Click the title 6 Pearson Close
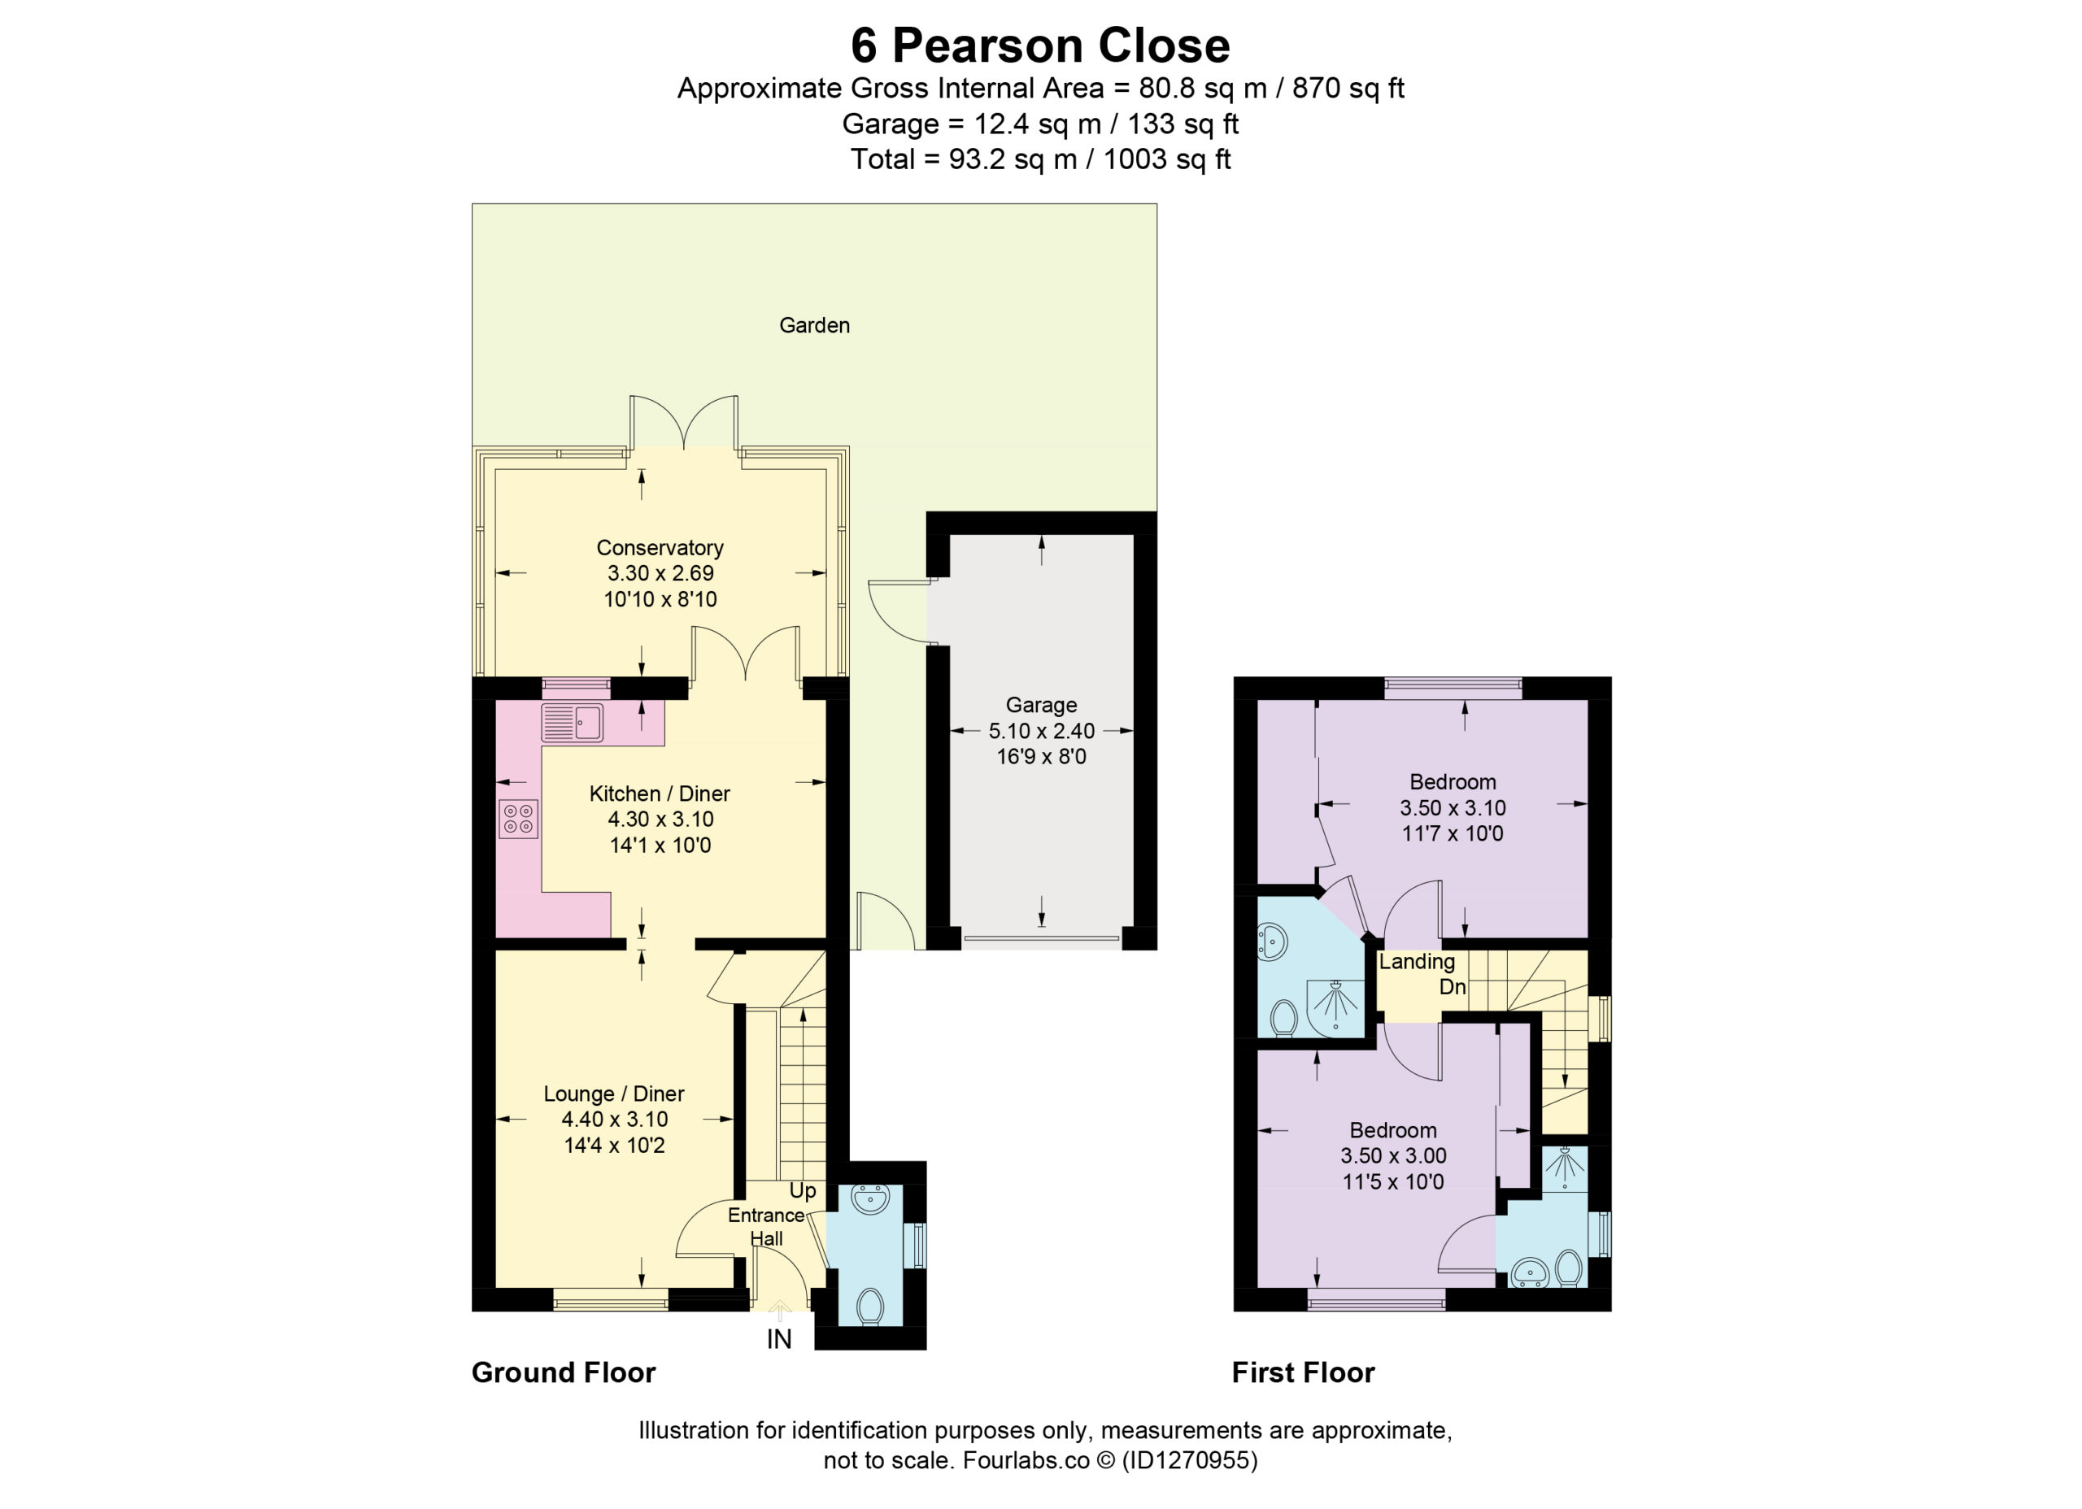1040,46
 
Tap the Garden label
814,325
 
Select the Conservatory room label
660,548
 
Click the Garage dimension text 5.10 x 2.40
1041,731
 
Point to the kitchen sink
572,724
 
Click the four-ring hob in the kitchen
519,819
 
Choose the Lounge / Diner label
614,1094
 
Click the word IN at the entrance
778,1339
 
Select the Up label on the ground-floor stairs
803,1190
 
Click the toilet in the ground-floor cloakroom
869,1304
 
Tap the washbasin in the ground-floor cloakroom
869,1198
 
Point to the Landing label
1417,961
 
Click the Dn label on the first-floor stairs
1453,987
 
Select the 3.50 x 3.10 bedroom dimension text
1453,807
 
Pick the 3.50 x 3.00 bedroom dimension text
1393,1155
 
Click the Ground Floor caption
564,1372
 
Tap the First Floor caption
1304,1372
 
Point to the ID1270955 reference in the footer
1190,1459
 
